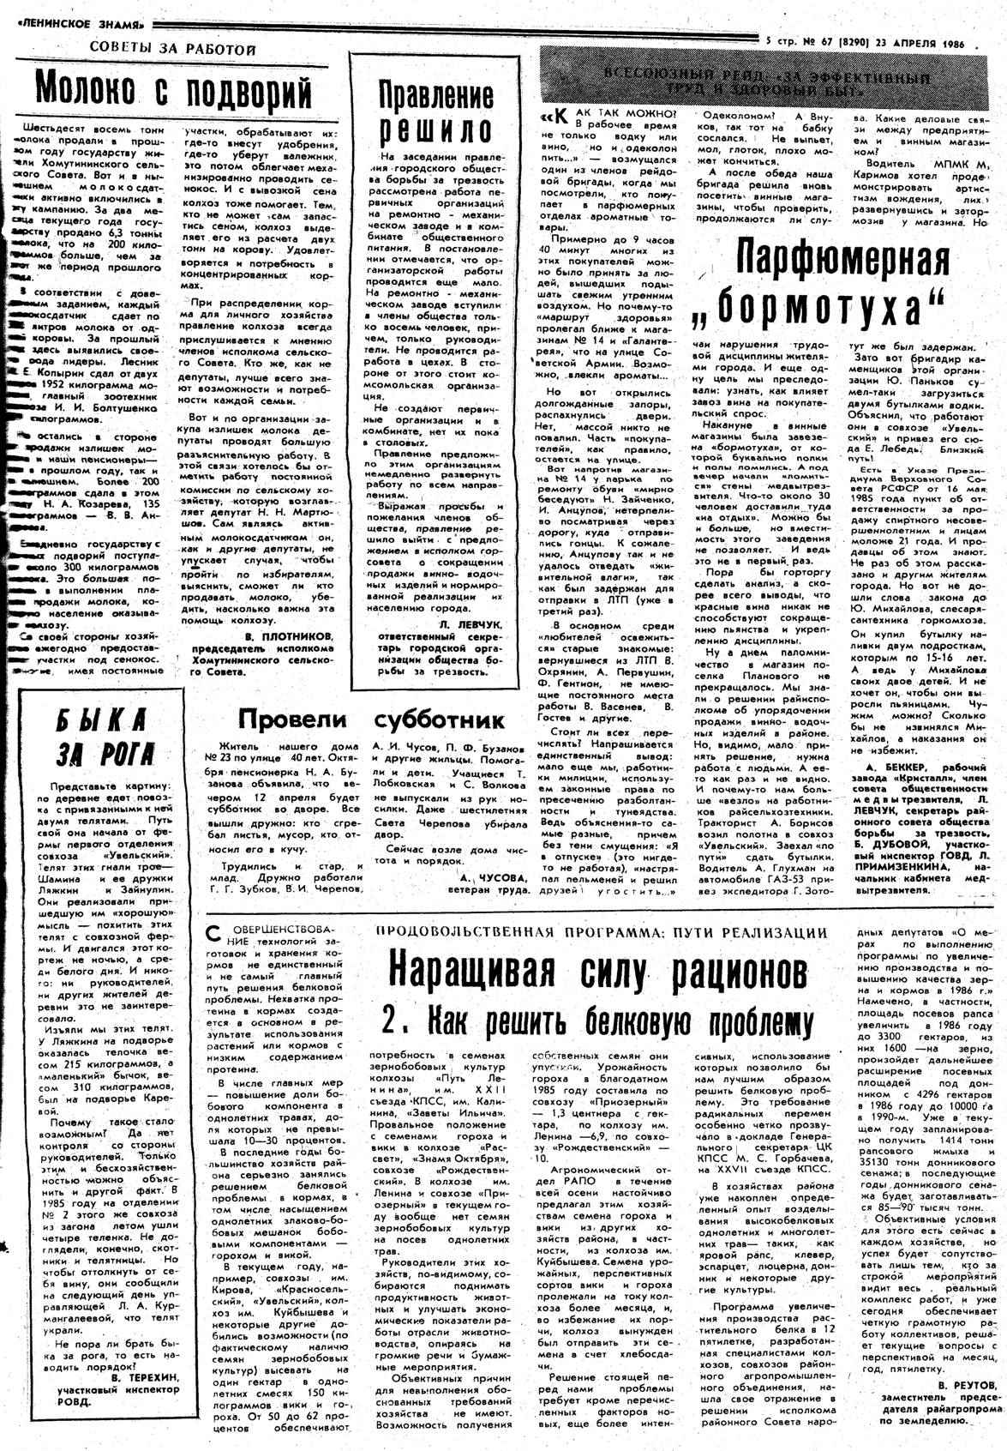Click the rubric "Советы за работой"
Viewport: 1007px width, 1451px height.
tap(172, 50)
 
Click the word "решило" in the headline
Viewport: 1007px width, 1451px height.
tap(436, 129)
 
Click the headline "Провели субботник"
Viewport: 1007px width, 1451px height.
tap(370, 718)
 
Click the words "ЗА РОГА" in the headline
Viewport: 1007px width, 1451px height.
tap(106, 755)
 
